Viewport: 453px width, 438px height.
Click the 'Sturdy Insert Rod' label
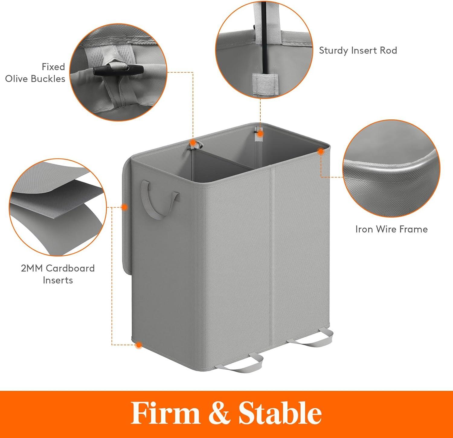(x=358, y=50)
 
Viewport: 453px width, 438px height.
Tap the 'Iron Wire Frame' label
(x=391, y=229)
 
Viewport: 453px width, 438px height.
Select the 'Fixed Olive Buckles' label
(x=35, y=73)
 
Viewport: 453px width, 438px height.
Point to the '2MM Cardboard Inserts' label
(x=58, y=274)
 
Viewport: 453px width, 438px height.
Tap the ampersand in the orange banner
(x=219, y=413)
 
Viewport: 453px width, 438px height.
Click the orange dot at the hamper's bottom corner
(x=139, y=345)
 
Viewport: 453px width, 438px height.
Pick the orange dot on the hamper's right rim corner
(x=320, y=151)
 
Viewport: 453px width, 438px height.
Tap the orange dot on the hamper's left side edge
(x=124, y=207)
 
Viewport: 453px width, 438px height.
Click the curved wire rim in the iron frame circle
(x=393, y=167)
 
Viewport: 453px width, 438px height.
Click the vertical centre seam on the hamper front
(x=273, y=257)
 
